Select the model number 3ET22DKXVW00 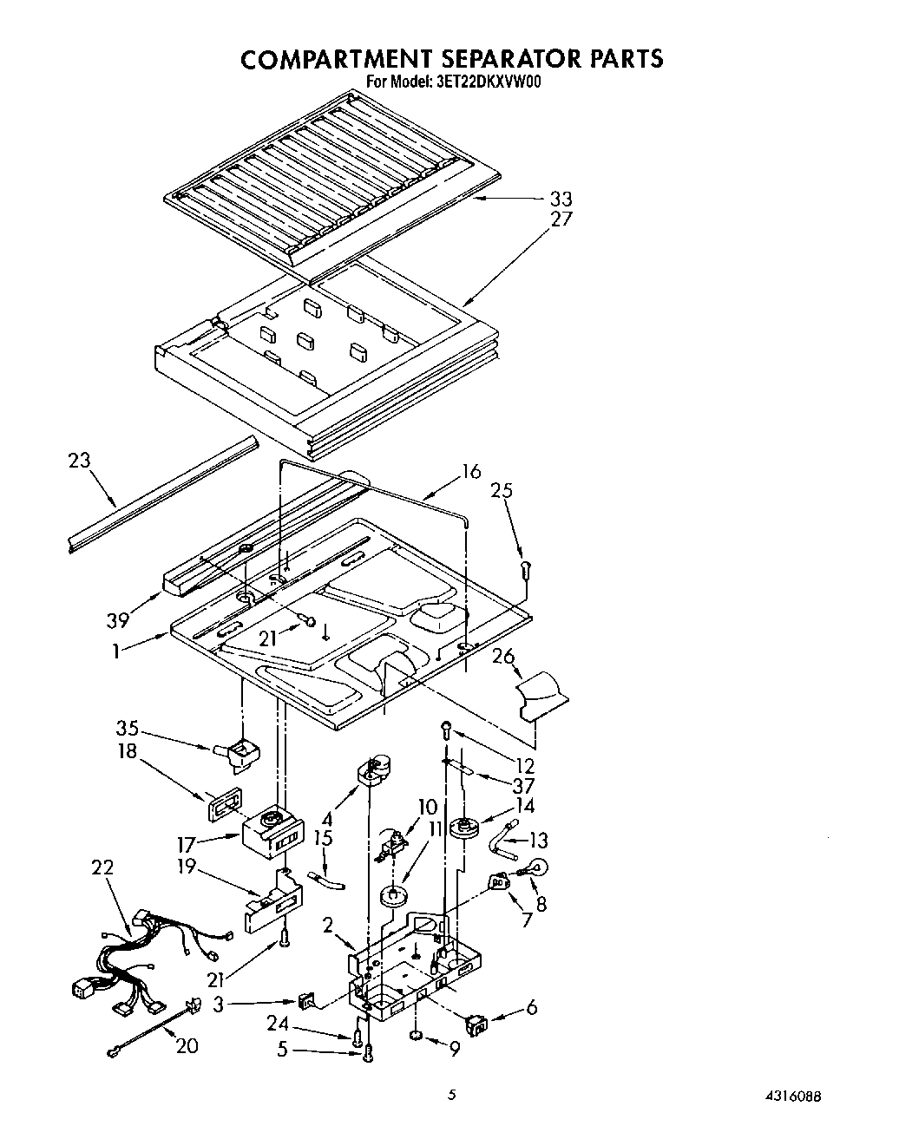(487, 82)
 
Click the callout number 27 (561, 219)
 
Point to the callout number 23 (80, 461)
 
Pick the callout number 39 (118, 619)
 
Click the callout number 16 (470, 472)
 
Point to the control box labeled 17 (272, 834)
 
